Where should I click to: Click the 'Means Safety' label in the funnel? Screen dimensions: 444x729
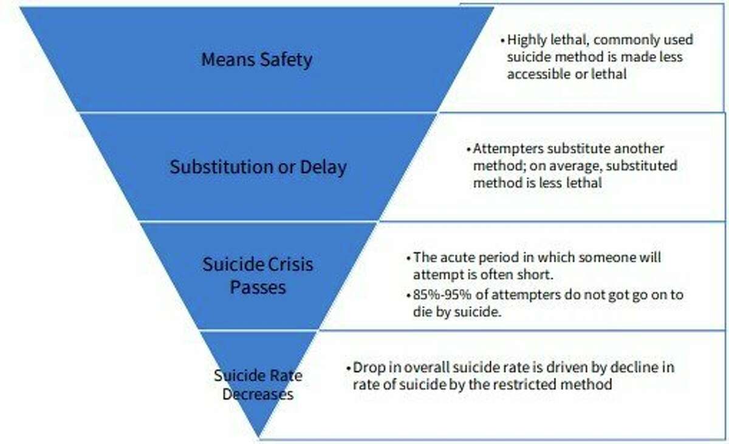[x=257, y=60]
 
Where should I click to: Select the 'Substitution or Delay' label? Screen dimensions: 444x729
[x=258, y=167]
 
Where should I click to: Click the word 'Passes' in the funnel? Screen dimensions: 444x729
[x=258, y=286]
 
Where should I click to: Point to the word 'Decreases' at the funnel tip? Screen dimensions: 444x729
[x=258, y=394]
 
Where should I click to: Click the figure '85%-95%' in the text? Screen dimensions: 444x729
[x=438, y=295]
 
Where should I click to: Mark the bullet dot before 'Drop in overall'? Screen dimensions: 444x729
[x=348, y=369]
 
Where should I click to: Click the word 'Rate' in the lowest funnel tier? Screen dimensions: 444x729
[x=287, y=375]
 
